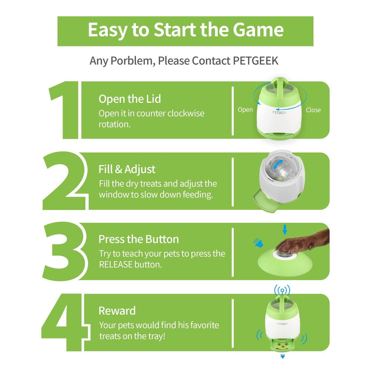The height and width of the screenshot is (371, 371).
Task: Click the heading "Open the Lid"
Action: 129,99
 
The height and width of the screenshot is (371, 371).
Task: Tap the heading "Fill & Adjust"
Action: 127,170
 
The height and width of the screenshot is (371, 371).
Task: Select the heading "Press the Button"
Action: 138,239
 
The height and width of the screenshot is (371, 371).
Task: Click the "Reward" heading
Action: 117,311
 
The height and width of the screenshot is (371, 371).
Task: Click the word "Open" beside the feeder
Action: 245,110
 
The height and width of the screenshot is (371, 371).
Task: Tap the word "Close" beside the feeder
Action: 313,110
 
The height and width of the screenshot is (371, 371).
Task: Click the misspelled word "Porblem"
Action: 133,60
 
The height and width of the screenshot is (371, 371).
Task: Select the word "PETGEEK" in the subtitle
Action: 256,60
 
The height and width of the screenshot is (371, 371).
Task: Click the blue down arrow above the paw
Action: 285,230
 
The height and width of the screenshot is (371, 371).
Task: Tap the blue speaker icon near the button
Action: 258,243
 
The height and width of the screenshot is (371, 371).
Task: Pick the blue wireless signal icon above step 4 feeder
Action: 282,290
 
